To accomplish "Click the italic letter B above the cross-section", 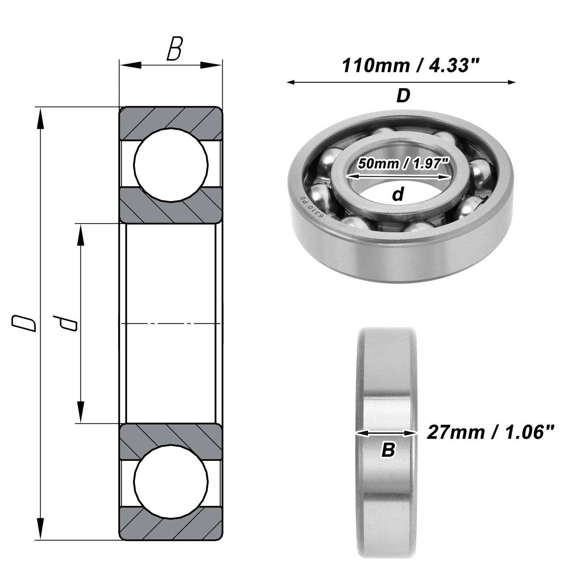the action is coord(175,48).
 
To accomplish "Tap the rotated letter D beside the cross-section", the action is coord(24,324).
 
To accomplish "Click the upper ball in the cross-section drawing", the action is coord(171,165).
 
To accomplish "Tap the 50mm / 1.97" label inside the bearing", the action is coord(403,164).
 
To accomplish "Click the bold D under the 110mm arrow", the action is coord(403,95).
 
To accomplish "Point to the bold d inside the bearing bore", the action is coord(398,194).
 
